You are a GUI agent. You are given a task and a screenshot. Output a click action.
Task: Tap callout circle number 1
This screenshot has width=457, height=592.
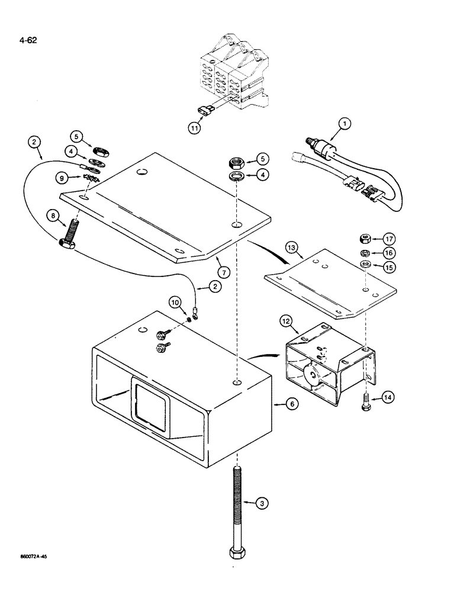[344, 124]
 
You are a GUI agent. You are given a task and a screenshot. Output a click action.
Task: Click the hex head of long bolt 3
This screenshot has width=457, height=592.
[237, 554]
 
